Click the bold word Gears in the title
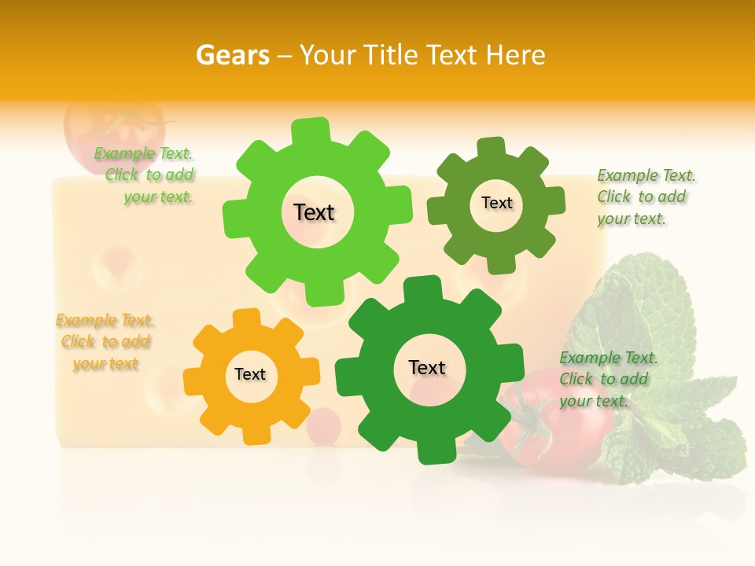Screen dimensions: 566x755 click(x=232, y=55)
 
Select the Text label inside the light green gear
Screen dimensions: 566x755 click(x=315, y=212)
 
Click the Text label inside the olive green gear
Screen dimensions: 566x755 click(x=497, y=203)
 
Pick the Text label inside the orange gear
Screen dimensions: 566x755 click(x=250, y=374)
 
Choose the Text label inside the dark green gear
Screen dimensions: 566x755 click(x=427, y=367)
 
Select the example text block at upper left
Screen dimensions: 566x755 click(x=145, y=175)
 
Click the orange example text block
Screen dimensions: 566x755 click(x=105, y=342)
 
